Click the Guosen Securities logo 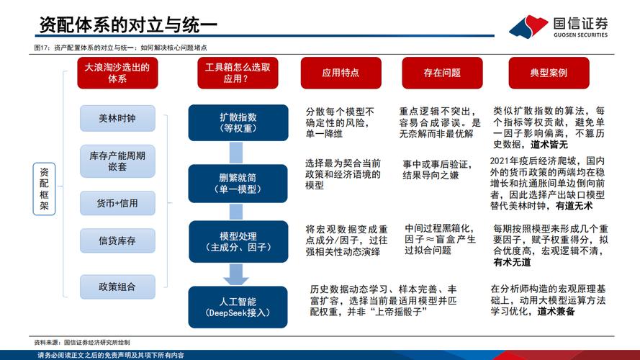559,26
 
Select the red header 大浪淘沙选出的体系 117,73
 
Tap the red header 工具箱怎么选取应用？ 238,73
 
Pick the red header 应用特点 340,73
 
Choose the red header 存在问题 441,73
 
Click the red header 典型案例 549,73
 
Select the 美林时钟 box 117,118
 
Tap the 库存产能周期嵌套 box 117,161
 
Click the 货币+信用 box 117,203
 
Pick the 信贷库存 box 117,241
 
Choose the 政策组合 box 117,286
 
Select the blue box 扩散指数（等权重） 238,122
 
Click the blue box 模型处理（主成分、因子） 238,242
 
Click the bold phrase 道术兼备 556,312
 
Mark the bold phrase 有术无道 512,263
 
